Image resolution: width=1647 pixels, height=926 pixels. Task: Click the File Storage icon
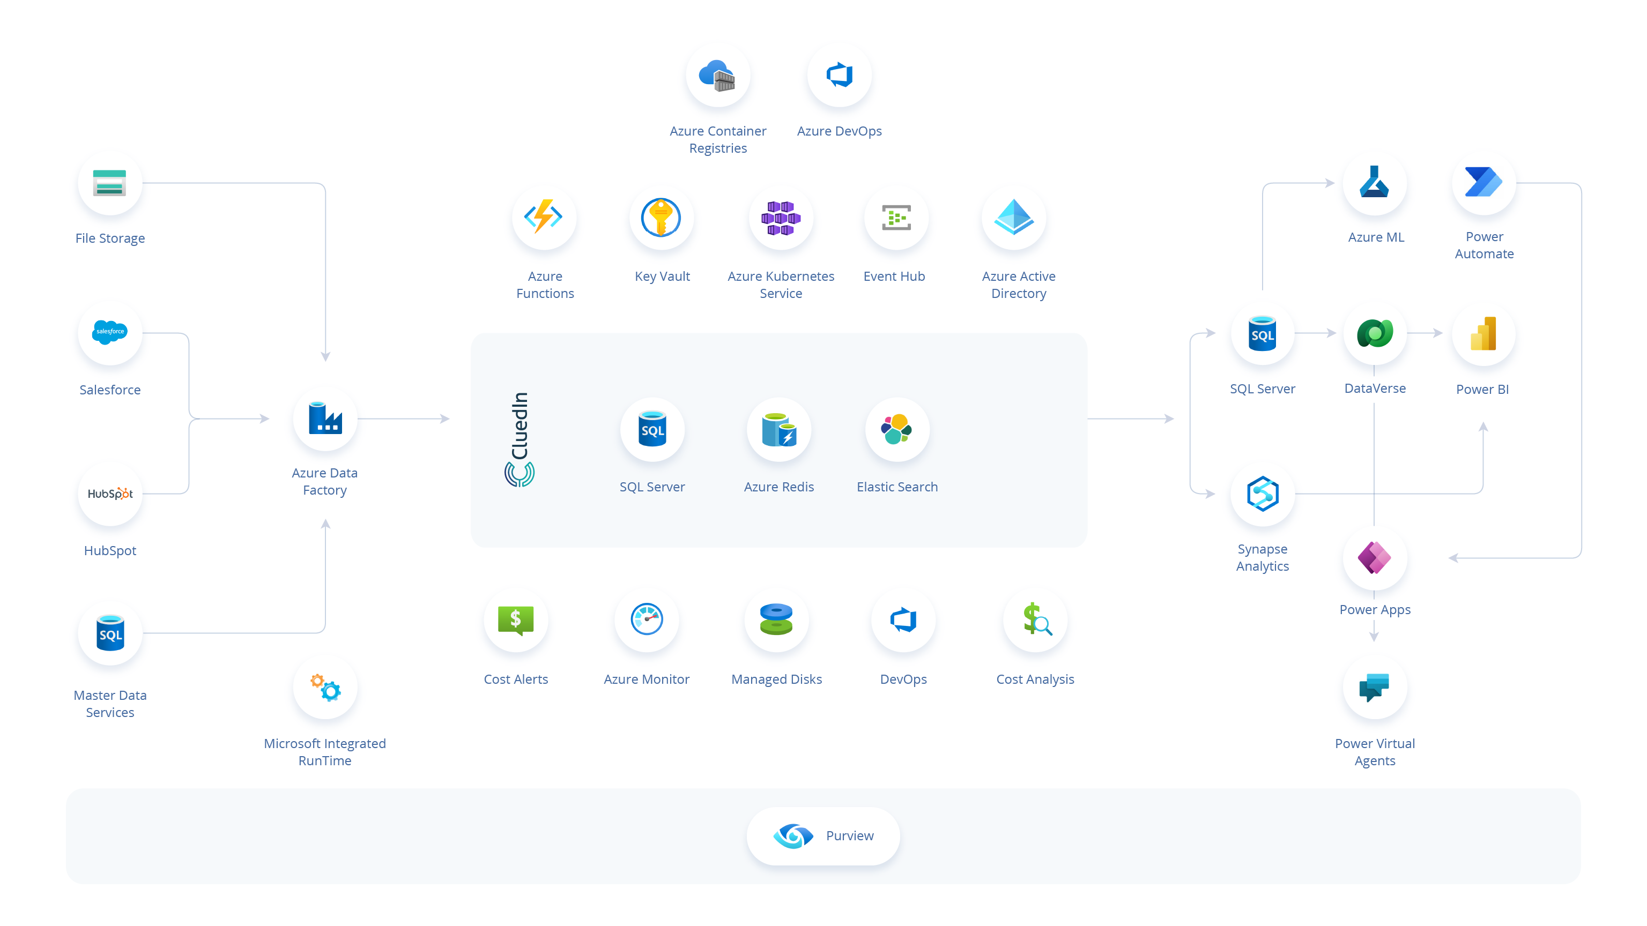109,183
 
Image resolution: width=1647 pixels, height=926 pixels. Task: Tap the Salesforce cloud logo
109,332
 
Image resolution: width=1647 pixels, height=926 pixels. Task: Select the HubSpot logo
110,494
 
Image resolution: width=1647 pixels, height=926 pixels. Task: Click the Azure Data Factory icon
325,418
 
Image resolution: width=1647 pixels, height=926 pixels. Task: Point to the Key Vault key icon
661,217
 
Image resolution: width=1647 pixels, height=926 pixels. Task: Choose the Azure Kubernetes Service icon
781,218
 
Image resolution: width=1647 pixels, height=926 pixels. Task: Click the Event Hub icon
896,218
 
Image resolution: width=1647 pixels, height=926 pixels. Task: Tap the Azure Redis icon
779,429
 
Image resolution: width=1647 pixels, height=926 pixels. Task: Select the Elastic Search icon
896,429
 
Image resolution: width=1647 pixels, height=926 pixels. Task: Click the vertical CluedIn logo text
520,425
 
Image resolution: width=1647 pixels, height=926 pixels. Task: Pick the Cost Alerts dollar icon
516,620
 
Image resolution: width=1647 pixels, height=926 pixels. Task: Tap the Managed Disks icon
776,619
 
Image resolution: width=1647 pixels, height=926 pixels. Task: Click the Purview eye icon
793,836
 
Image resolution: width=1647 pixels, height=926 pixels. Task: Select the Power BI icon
1483,334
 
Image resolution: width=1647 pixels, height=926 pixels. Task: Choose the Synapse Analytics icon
1263,494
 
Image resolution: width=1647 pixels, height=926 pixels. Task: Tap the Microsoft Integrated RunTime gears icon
325,688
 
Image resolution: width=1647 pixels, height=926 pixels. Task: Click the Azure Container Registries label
718,139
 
